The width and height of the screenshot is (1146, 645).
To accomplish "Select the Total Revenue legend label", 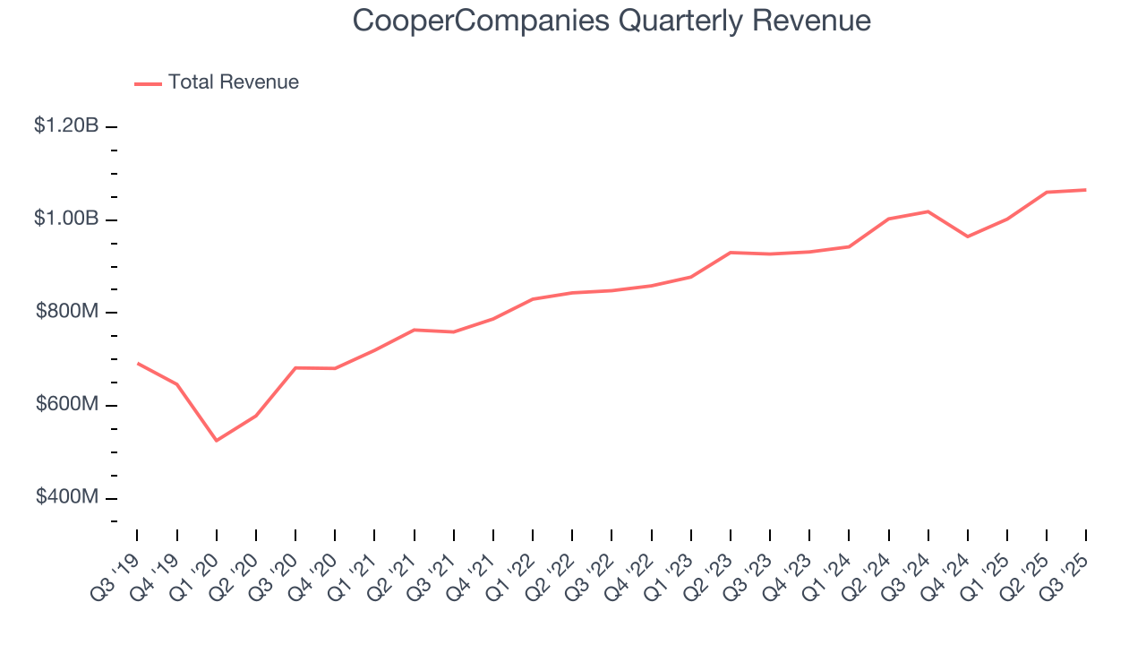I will coord(233,82).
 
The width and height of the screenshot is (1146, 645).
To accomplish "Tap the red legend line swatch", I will coord(148,83).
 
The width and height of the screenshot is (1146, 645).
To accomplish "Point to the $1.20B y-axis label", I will coord(66,126).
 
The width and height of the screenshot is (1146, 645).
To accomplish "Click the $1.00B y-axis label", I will coord(66,219).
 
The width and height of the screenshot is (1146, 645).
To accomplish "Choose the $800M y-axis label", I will coord(67,313).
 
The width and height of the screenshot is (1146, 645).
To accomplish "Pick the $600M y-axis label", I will coord(67,405).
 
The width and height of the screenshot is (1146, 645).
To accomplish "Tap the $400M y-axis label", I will coord(67,498).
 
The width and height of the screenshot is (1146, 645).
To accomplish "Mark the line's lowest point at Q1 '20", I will coord(217,441).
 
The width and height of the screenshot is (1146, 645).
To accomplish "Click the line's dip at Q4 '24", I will coord(968,236).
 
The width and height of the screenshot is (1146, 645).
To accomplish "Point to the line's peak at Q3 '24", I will coord(928,211).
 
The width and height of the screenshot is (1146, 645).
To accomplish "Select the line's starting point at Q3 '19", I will coord(138,363).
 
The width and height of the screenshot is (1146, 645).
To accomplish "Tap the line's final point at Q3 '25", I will coord(1086,190).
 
